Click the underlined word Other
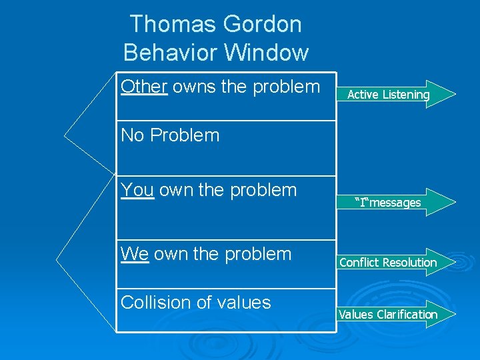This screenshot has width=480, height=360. (144, 87)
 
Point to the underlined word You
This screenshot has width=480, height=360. (137, 190)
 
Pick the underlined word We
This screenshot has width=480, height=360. (135, 254)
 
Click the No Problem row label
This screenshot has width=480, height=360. (170, 135)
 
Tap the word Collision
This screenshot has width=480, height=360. (155, 303)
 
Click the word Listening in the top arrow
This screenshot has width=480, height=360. (405, 95)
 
